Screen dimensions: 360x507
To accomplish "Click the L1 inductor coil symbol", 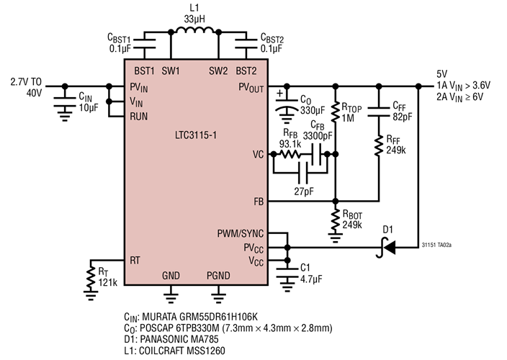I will [191, 32].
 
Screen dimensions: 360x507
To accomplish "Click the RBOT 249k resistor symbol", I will [335, 218].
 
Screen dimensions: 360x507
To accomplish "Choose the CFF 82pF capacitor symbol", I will [379, 110].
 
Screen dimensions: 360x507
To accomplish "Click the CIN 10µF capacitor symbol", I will [65, 100].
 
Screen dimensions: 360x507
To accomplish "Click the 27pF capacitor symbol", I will [305, 173].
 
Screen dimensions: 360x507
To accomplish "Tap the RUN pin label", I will [139, 115].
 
